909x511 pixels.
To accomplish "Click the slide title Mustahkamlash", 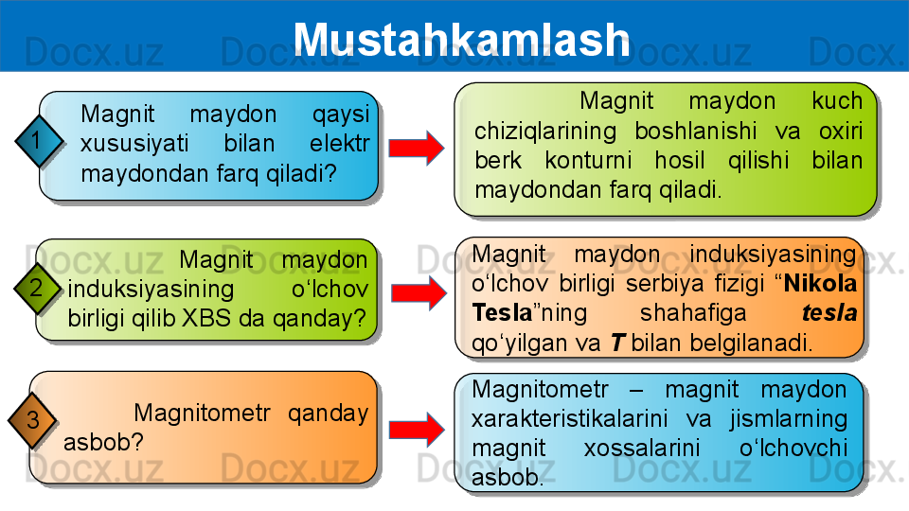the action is [x=461, y=40].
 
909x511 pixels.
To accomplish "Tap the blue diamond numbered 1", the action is [x=38, y=141].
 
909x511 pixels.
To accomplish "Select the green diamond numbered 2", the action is [x=37, y=288].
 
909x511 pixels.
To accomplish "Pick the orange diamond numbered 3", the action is [x=32, y=420].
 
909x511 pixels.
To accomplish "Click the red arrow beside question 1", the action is [x=417, y=148].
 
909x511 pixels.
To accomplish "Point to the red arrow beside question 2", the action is [x=419, y=292].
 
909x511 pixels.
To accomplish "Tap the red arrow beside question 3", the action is [x=417, y=430].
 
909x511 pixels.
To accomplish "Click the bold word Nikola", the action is [x=820, y=283].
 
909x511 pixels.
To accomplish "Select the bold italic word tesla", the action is [x=829, y=313].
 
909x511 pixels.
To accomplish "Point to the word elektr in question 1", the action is [x=339, y=143].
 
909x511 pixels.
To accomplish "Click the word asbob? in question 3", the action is [x=103, y=442].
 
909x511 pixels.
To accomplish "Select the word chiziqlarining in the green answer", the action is [x=545, y=131].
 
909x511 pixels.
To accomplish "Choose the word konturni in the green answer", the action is [x=588, y=161].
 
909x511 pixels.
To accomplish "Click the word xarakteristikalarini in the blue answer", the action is [x=569, y=418].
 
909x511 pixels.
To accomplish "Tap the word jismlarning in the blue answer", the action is [x=789, y=419].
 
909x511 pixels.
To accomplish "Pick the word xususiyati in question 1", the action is [x=134, y=144].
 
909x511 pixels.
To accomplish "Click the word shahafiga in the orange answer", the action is [x=693, y=313].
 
